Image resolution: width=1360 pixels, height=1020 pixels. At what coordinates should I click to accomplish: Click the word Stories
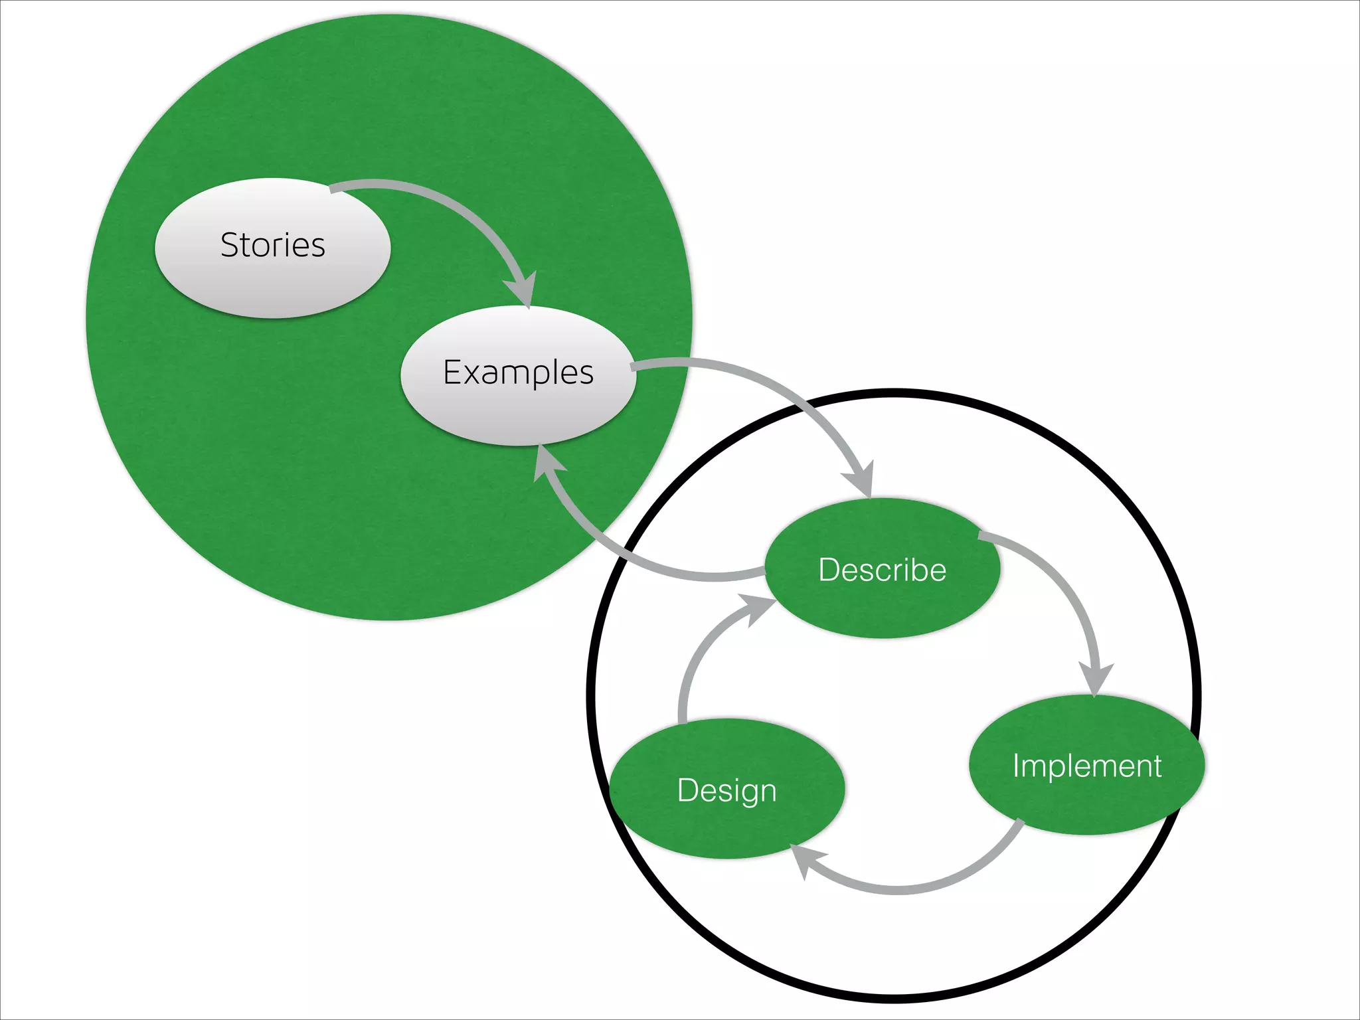(x=273, y=245)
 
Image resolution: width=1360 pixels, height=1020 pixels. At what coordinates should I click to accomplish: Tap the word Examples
(x=518, y=373)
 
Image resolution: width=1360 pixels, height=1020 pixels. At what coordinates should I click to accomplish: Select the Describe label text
(x=882, y=570)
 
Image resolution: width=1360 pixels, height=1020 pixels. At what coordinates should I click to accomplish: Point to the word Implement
(x=1086, y=766)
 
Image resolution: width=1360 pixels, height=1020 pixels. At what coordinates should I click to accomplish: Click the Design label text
(x=726, y=790)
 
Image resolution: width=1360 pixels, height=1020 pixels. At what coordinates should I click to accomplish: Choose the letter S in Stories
(x=230, y=245)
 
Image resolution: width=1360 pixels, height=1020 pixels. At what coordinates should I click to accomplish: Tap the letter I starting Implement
(x=1016, y=766)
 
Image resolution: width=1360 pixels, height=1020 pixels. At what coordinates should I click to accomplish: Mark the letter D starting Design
(x=687, y=790)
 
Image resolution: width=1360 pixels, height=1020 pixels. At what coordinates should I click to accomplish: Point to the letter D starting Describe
(x=829, y=570)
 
